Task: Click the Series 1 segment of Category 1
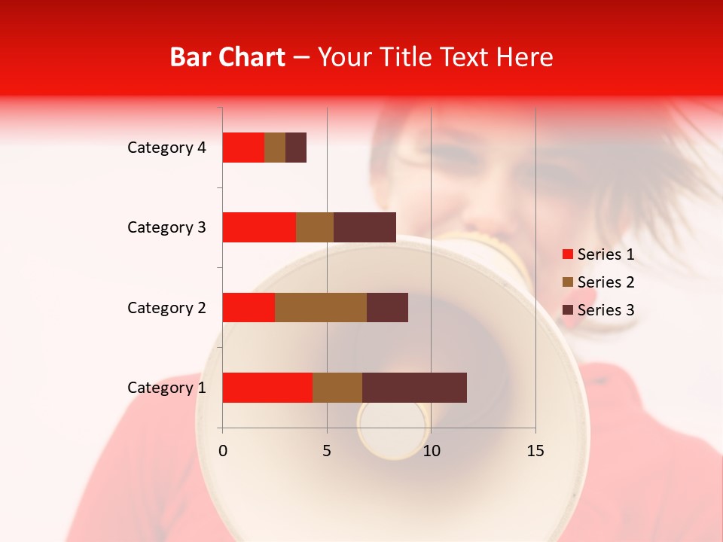(x=267, y=387)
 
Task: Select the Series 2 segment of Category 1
(x=337, y=387)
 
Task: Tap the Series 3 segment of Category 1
(x=414, y=387)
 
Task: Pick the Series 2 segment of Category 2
(x=321, y=307)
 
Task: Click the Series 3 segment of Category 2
(x=387, y=307)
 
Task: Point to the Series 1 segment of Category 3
(x=259, y=227)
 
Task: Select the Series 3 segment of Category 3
(x=365, y=227)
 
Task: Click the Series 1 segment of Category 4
(x=243, y=148)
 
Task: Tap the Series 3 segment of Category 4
(x=296, y=148)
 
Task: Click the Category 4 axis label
(x=166, y=148)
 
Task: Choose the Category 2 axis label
(x=166, y=307)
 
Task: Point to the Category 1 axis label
(x=166, y=388)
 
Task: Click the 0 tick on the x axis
(x=223, y=451)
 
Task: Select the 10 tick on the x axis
(x=431, y=451)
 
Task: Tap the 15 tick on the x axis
(x=535, y=451)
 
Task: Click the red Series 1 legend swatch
(x=567, y=254)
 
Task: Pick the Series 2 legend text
(x=606, y=282)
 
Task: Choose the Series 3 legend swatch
(x=567, y=310)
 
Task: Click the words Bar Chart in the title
(x=227, y=57)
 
